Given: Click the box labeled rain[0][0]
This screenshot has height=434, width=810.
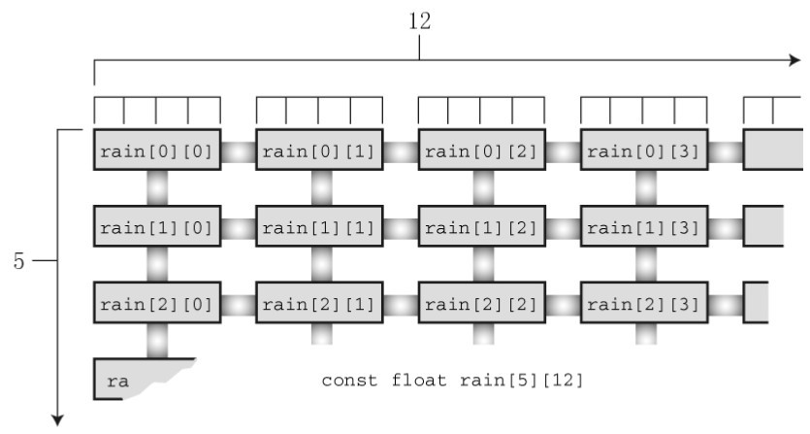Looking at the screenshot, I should (x=158, y=150).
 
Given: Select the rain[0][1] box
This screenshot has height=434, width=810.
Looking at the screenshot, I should (x=320, y=150).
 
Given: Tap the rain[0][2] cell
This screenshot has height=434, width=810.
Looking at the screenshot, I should (x=482, y=150).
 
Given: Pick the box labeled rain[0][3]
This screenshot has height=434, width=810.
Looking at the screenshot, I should (x=644, y=150).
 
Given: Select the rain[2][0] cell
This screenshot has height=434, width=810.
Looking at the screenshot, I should (x=158, y=302).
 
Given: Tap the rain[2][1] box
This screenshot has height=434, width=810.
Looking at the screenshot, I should (x=320, y=302).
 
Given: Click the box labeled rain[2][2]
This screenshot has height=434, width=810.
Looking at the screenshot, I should (x=482, y=302).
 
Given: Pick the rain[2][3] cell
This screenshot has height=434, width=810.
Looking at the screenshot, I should (x=644, y=302).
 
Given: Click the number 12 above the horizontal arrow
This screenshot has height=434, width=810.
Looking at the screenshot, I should (x=419, y=21).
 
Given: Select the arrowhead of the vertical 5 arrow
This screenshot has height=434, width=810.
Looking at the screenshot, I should (x=60, y=418).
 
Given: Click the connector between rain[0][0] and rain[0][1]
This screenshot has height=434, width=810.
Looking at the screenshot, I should (x=239, y=150).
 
